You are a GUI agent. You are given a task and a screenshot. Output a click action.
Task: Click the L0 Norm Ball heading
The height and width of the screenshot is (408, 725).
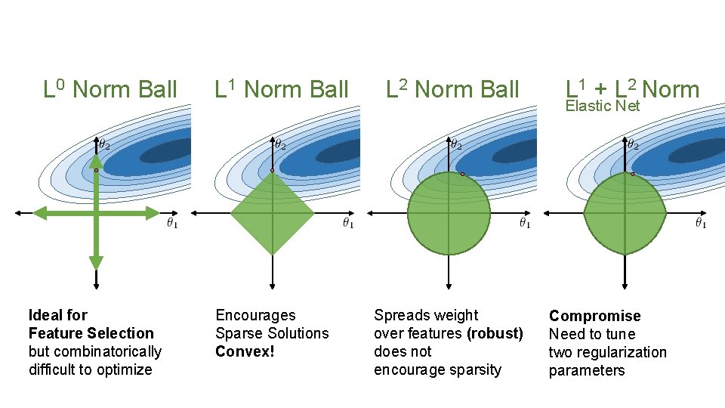coord(110,90)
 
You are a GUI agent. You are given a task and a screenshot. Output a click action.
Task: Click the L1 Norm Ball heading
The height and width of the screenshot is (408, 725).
coord(282,90)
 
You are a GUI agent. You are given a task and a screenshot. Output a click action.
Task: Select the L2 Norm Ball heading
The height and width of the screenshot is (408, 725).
coord(452,90)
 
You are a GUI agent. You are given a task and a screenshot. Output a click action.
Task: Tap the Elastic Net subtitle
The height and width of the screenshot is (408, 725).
coord(603,106)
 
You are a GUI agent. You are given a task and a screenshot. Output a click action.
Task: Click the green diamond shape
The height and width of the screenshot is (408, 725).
coord(272,214)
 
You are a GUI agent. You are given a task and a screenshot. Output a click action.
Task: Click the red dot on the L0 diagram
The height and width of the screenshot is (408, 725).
coord(96,171)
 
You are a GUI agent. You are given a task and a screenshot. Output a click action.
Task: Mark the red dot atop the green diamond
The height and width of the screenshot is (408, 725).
coord(272,171)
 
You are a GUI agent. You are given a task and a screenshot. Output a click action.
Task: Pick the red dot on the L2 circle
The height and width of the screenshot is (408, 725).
coord(462,174)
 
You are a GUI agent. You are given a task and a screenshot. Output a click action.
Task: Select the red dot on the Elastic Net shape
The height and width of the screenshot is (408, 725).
coord(632,174)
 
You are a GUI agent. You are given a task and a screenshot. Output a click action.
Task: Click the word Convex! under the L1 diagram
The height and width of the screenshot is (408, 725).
coord(245,351)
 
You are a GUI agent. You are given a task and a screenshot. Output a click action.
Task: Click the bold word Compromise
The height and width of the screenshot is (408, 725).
coord(594,316)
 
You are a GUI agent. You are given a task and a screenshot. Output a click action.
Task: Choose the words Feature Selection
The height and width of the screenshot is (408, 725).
coord(91,333)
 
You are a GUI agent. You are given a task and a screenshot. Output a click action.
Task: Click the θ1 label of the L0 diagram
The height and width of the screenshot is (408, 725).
coord(172,224)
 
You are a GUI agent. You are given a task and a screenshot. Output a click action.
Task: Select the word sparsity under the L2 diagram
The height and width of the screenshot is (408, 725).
coord(474,369)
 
